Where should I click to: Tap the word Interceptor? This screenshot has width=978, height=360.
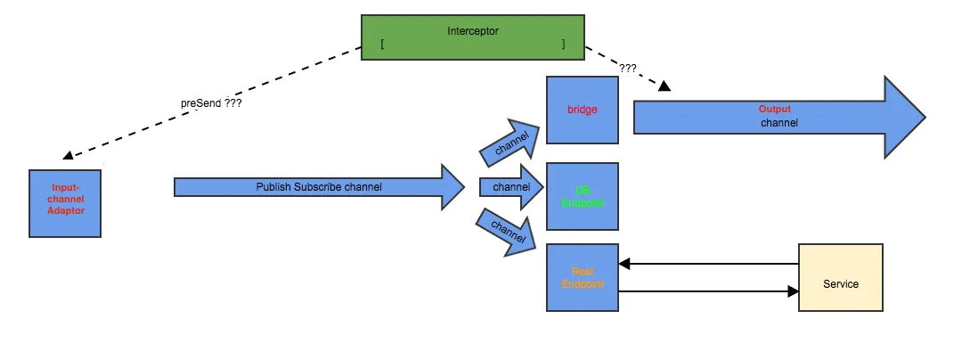(x=473, y=31)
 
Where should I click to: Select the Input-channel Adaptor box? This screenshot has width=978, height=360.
(x=65, y=203)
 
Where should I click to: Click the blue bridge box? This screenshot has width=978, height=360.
(x=582, y=110)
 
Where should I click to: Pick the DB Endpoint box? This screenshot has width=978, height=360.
(x=582, y=196)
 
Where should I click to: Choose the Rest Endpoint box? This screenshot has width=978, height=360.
(x=582, y=277)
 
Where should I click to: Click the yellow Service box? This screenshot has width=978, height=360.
(x=841, y=277)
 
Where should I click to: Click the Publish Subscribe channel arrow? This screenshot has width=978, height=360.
(x=319, y=187)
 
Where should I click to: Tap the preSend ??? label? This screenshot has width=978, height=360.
(x=212, y=103)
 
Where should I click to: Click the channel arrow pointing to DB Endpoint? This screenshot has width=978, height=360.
(x=511, y=187)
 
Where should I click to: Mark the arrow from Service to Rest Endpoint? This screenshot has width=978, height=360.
(x=708, y=264)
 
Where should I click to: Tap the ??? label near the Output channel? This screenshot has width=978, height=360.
(x=628, y=68)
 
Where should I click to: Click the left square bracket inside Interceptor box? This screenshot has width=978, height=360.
(x=381, y=44)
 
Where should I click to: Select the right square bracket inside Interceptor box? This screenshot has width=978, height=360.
(x=564, y=44)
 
